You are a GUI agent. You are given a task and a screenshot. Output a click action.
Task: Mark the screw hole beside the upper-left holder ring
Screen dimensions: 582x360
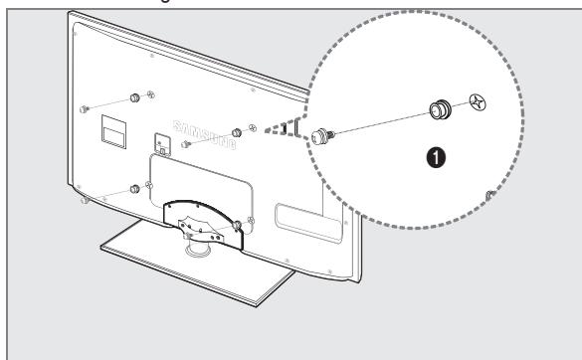pos(149,95)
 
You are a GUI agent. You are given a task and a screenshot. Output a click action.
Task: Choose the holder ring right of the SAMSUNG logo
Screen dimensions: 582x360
pos(236,132)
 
